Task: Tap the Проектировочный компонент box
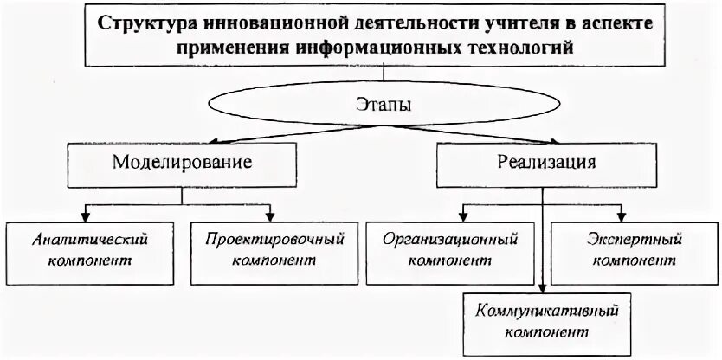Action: pos(269,248)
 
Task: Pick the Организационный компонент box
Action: pos(450,248)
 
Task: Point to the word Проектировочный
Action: pos(269,237)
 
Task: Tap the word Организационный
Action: pos(450,237)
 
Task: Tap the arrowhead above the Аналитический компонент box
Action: pos(87,215)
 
